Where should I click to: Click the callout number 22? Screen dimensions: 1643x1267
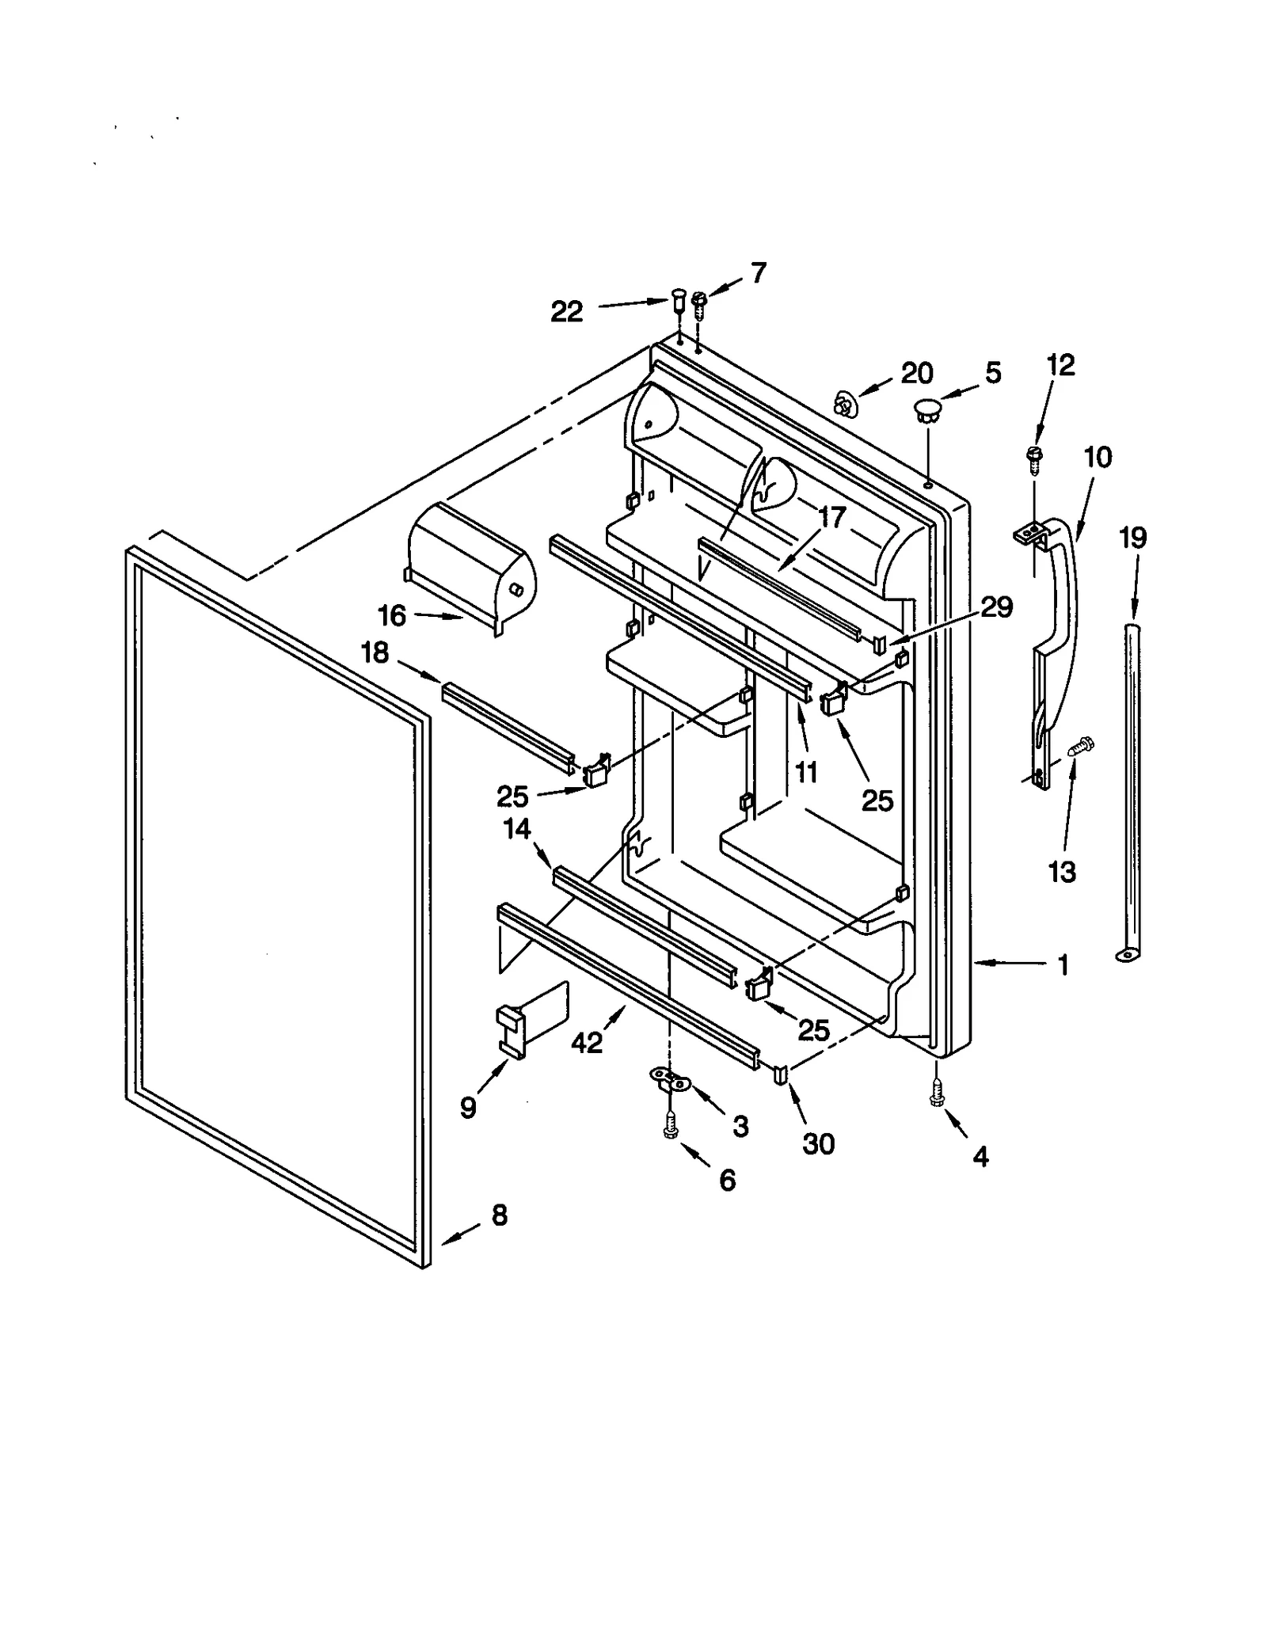click(566, 311)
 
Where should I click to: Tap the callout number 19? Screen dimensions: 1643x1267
click(1132, 538)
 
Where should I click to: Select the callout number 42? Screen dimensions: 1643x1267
click(587, 1044)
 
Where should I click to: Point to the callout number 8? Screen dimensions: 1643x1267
click(500, 1215)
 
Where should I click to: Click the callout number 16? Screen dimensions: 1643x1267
click(392, 615)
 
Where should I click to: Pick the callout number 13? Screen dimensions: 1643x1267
click(1062, 872)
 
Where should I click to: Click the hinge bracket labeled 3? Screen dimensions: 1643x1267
click(670, 1077)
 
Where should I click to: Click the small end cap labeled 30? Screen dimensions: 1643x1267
click(781, 1074)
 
